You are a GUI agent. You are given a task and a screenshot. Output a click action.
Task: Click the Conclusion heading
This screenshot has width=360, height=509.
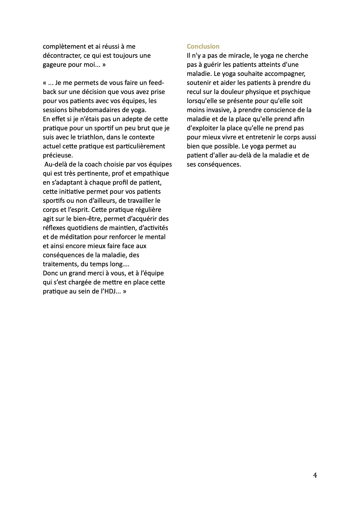click(x=203, y=47)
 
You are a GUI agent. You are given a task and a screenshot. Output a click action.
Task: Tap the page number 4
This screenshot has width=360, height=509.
click(x=315, y=475)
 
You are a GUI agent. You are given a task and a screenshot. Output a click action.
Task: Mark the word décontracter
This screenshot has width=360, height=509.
click(x=62, y=56)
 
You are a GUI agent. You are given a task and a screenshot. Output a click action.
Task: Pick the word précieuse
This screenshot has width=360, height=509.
click(x=58, y=155)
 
